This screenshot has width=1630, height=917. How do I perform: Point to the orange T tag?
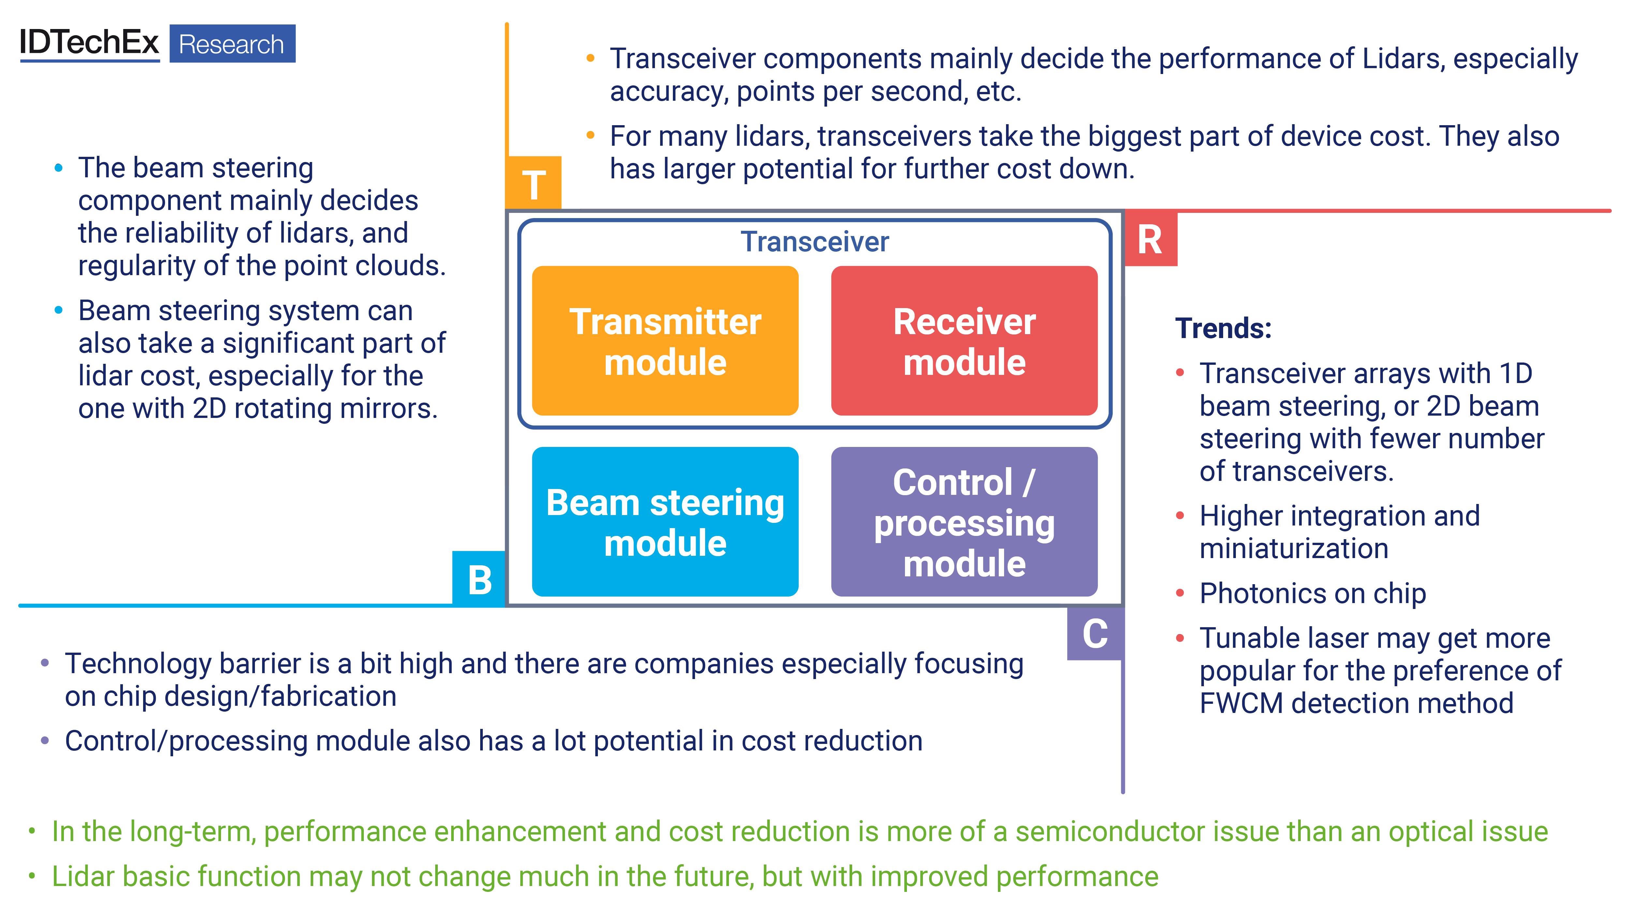tap(533, 184)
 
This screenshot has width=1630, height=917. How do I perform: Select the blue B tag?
tap(479, 579)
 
